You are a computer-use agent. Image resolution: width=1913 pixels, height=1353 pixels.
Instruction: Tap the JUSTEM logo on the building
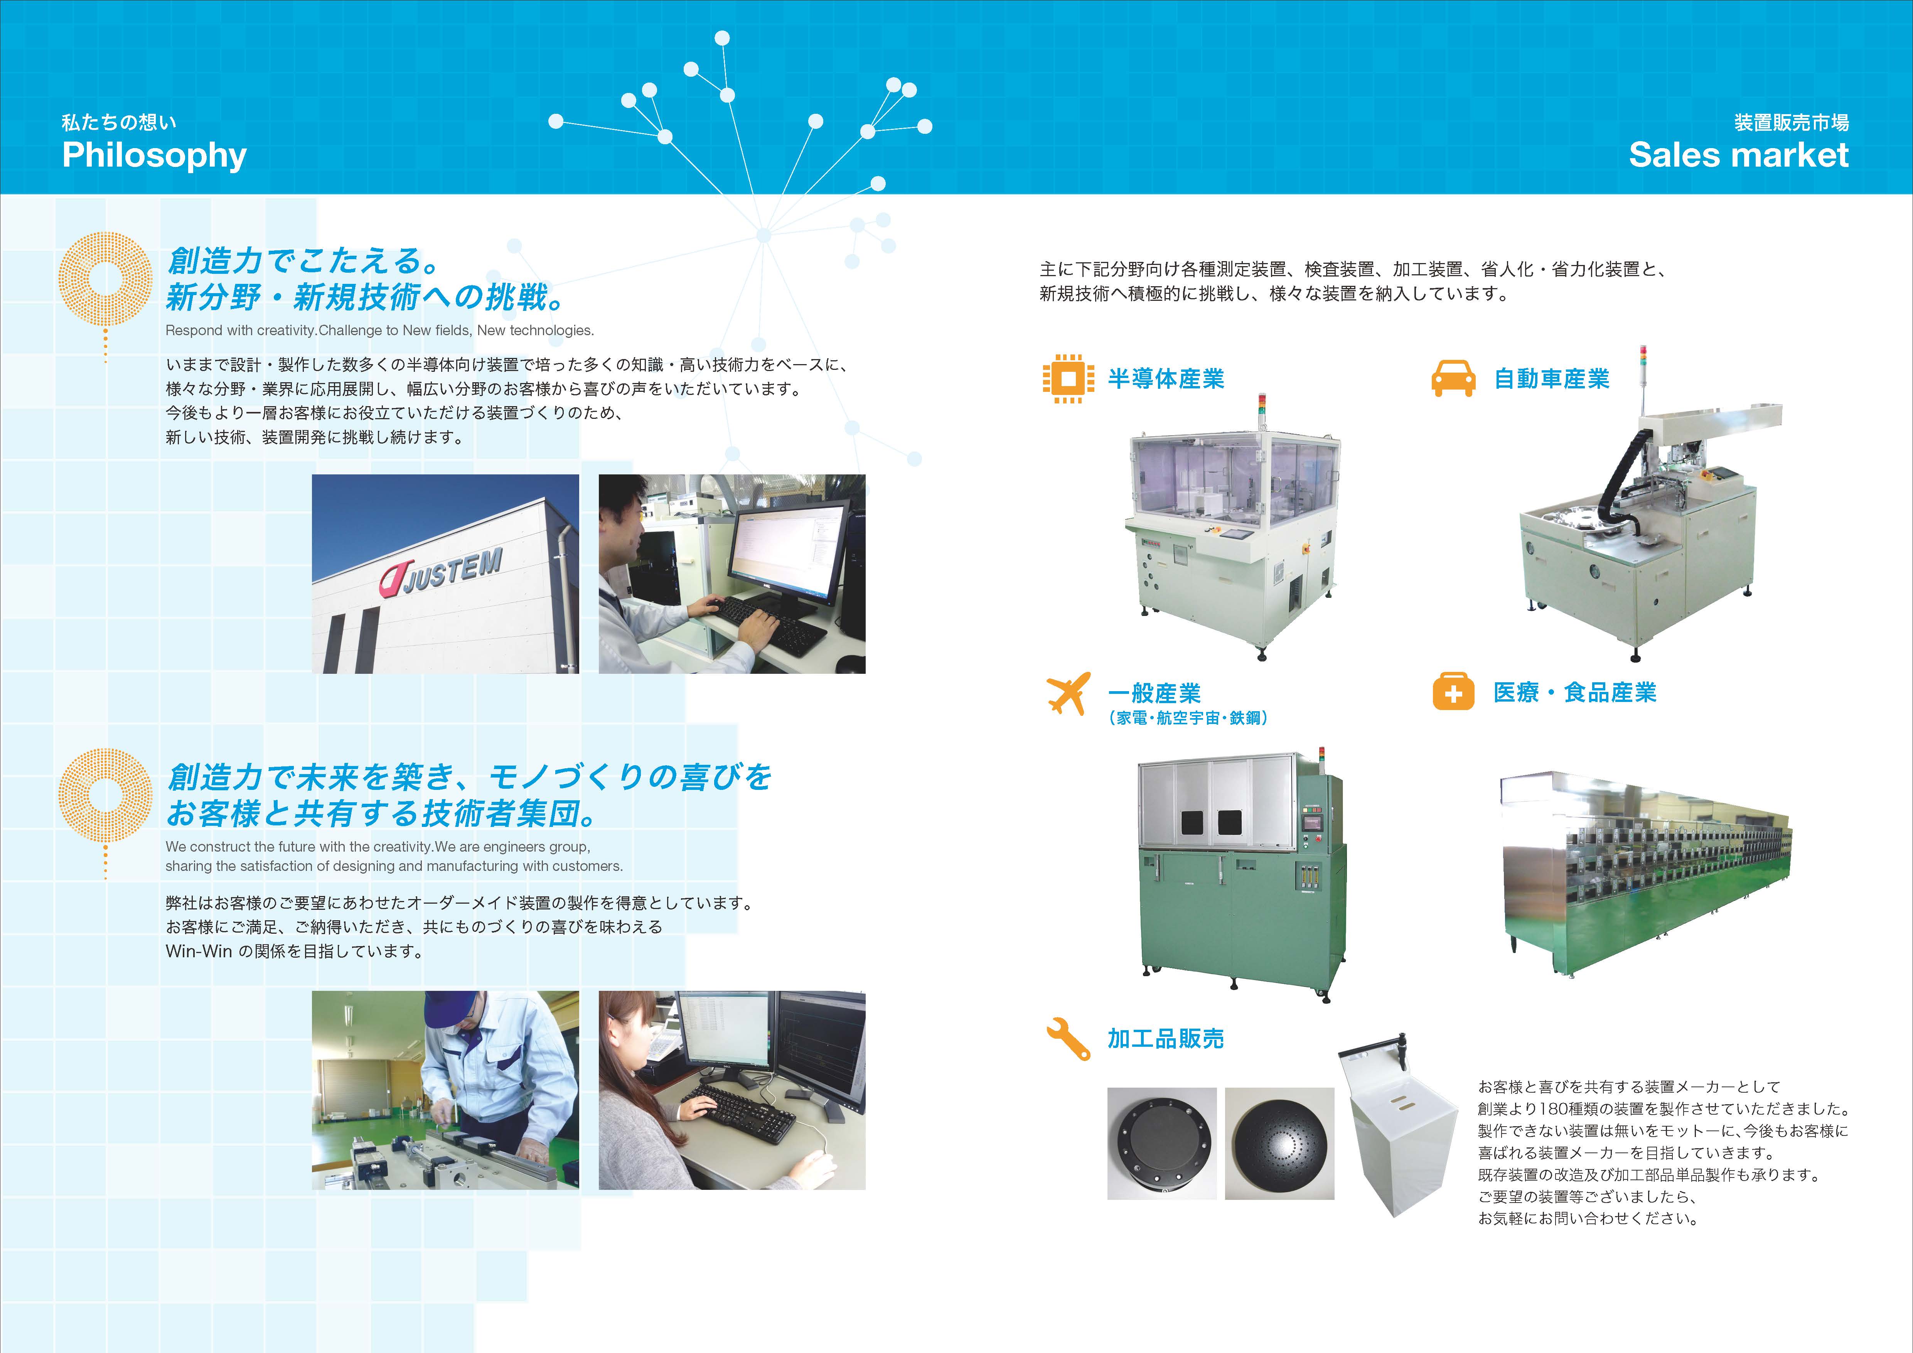coord(442,575)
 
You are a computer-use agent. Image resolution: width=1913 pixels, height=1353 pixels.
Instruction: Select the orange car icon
coord(1453,378)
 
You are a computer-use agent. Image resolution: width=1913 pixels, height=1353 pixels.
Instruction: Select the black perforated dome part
coord(1279,1143)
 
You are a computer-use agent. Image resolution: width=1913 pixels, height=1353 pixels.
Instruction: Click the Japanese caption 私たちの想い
coord(119,123)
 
